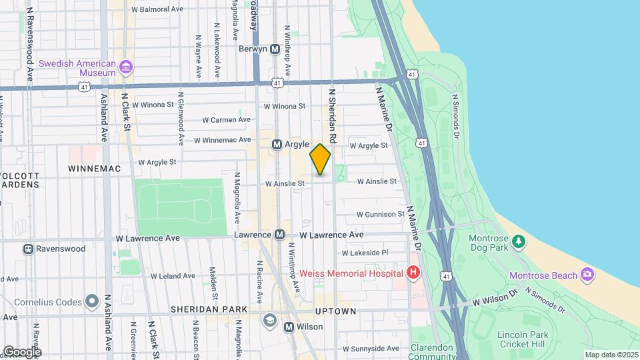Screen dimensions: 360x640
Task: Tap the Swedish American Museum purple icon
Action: click(126, 67)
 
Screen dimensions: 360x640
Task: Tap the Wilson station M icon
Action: click(289, 327)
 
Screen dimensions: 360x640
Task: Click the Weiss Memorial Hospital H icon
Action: click(413, 273)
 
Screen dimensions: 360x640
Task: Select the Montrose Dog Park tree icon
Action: click(519, 240)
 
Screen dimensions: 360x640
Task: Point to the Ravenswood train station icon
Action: click(29, 249)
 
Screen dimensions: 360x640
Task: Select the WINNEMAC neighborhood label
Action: click(94, 169)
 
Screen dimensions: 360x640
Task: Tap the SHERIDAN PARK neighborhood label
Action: click(209, 309)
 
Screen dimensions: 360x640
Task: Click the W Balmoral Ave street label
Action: click(157, 10)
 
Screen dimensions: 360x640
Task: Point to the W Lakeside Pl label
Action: click(365, 253)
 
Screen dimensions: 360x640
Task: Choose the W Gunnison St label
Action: click(380, 215)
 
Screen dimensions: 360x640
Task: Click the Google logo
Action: click(22, 351)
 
